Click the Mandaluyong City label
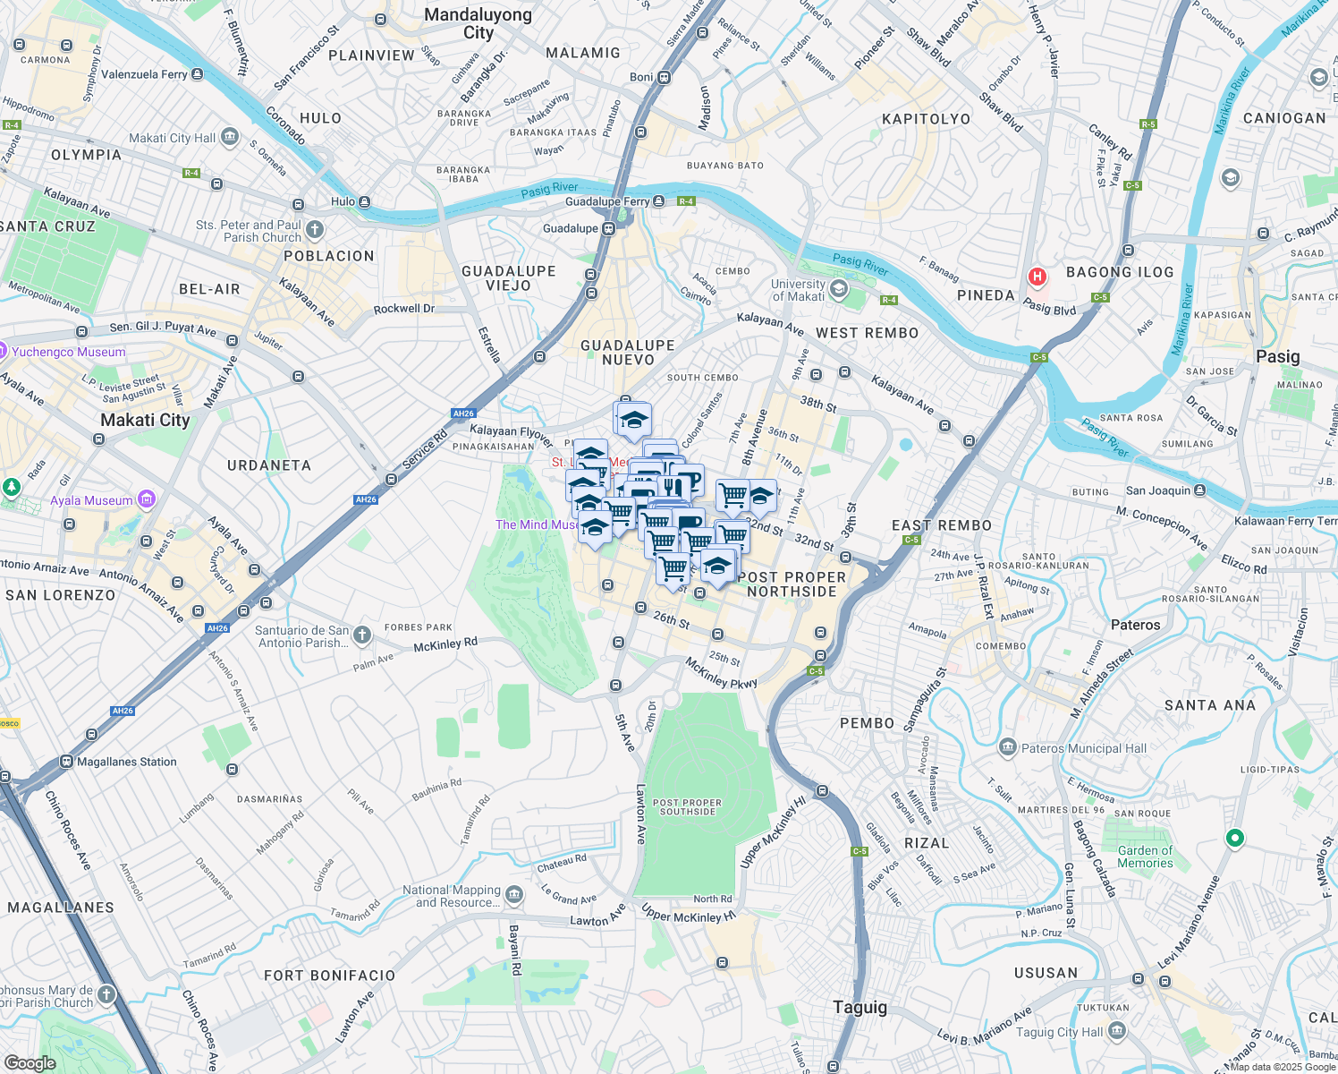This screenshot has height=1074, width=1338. point(478,23)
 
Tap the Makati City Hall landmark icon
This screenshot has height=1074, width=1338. point(230,137)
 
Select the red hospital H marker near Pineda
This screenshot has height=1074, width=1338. point(1037,277)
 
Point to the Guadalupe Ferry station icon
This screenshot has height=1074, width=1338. point(659,201)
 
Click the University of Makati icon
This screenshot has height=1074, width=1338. point(838,288)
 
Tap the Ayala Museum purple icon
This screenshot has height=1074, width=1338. point(147,499)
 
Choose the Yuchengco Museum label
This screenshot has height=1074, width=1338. point(69,352)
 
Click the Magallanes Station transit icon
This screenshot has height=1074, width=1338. point(66,762)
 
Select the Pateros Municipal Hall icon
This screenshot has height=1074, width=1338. point(1008,747)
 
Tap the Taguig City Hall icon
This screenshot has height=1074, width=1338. point(1116,1031)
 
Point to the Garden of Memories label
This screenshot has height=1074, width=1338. point(1145,857)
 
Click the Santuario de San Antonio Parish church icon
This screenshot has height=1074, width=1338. point(361,635)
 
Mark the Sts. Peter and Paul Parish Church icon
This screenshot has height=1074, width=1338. point(315,230)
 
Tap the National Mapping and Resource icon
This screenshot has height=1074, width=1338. point(513,895)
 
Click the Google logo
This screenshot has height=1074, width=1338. point(30,1062)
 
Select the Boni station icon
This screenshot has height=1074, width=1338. point(664,77)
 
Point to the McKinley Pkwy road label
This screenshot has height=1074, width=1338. point(721,673)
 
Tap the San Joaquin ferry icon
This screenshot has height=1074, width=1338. point(1200,490)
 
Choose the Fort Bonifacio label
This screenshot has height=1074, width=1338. point(329,976)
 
